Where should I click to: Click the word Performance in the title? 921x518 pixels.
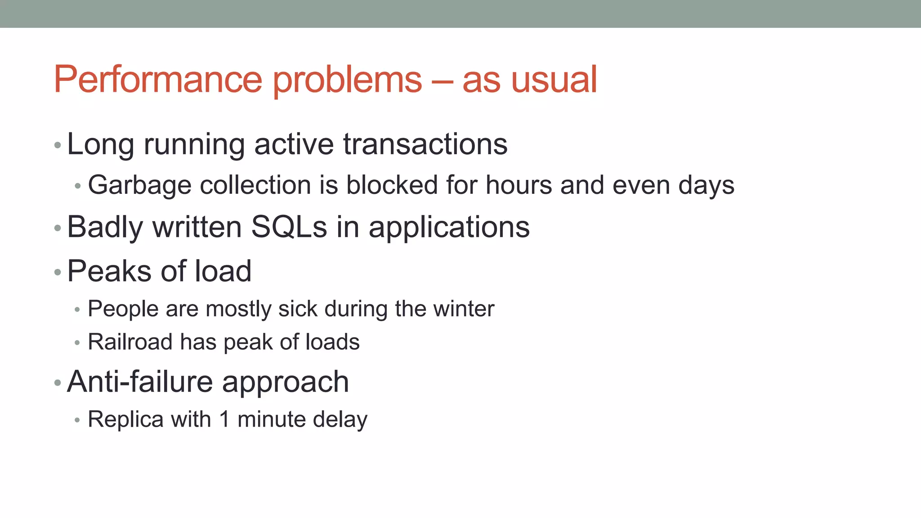pyautogui.click(x=157, y=80)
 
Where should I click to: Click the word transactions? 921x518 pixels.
pyautogui.click(x=425, y=144)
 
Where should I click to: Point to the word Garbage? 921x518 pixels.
pyautogui.click(x=139, y=186)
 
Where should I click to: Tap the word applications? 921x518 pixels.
pyautogui.click(x=449, y=228)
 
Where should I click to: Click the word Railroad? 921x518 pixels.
pyautogui.click(x=130, y=342)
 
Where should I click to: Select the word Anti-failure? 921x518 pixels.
pyautogui.click(x=139, y=382)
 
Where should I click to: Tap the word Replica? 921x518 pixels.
pyautogui.click(x=125, y=420)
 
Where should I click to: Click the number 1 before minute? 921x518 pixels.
pyautogui.click(x=224, y=419)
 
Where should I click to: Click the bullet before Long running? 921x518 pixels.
pyautogui.click(x=58, y=145)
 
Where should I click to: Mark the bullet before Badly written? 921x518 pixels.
pyautogui.click(x=58, y=228)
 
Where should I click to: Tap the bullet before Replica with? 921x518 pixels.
pyautogui.click(x=77, y=420)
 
